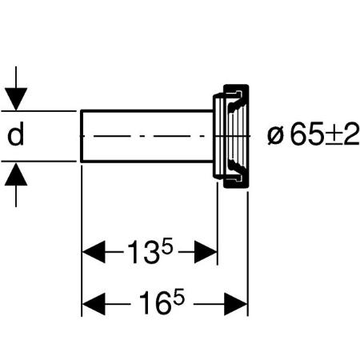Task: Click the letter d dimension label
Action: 16,134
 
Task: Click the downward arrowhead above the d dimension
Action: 16,98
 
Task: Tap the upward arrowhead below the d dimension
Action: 16,174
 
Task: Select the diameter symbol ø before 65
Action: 274,136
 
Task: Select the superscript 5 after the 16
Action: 178,297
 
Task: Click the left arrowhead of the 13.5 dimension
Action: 94,252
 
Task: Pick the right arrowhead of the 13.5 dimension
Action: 206,252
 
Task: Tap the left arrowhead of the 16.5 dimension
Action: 94,304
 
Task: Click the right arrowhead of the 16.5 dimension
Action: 236,304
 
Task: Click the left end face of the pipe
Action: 81,136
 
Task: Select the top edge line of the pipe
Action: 147,110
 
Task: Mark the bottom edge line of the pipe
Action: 147,161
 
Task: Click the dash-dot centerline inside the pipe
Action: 144,136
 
